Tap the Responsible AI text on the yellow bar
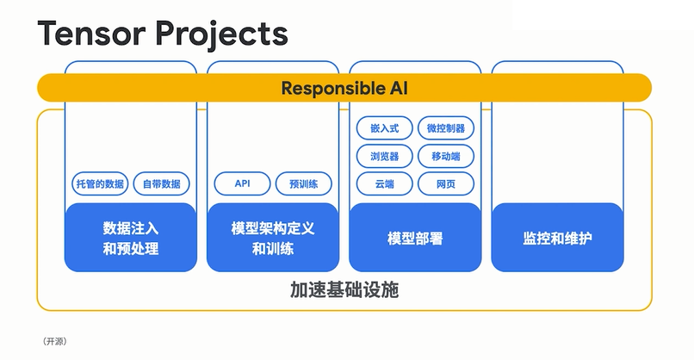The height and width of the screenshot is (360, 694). tap(344, 88)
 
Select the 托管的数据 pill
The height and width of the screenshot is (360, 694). tap(100, 183)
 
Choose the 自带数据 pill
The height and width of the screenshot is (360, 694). tap(161, 183)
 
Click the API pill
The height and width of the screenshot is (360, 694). tap(242, 183)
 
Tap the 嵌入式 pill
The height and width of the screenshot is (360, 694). tap(385, 128)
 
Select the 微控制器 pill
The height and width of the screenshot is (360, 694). tap(446, 128)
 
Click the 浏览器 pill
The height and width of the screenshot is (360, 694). tap(385, 156)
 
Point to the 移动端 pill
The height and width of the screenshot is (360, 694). tap(446, 156)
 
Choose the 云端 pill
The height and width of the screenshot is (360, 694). tap(385, 183)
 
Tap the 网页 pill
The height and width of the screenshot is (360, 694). tap(446, 183)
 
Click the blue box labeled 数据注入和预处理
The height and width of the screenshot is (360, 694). tap(131, 238)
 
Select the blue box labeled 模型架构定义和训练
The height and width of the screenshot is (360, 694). tap(273, 238)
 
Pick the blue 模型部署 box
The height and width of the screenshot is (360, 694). tap(415, 238)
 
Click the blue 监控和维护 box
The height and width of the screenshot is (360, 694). tap(557, 238)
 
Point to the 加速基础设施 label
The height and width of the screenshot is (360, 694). tap(344, 290)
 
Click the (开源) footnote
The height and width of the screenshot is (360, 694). tap(54, 342)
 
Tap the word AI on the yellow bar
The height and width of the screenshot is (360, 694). tap(395, 88)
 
